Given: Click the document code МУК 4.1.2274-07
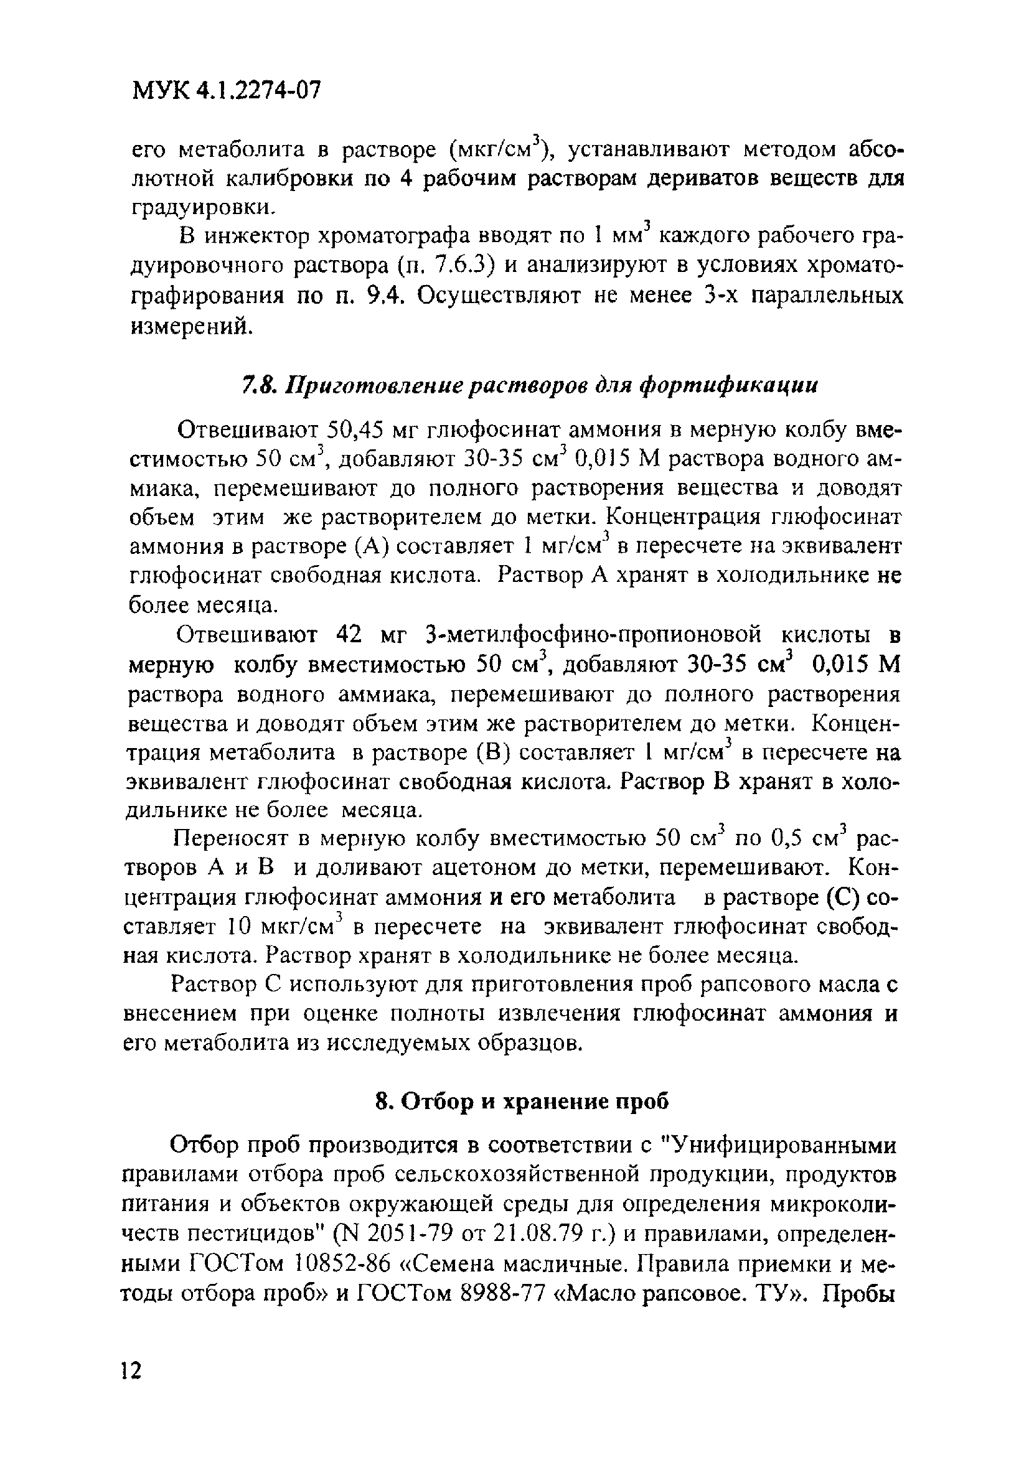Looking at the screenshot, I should [225, 90].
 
